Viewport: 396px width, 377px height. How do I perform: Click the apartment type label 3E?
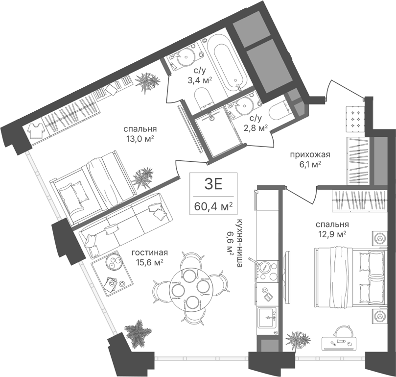(213, 184)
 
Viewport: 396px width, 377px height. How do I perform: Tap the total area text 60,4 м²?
(213, 206)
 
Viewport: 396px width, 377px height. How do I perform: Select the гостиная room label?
(150, 253)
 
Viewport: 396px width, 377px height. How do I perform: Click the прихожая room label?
(310, 154)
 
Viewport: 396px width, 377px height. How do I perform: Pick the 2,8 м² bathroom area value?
(256, 128)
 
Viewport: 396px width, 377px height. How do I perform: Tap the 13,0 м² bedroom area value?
(140, 139)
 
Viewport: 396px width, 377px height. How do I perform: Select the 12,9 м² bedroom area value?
(331, 234)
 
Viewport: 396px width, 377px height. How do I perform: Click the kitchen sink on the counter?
(267, 318)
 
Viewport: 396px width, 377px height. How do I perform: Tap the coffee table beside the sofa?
(112, 272)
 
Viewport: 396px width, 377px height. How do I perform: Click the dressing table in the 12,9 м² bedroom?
(339, 343)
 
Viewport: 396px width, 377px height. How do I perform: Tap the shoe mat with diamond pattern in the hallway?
(355, 119)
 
